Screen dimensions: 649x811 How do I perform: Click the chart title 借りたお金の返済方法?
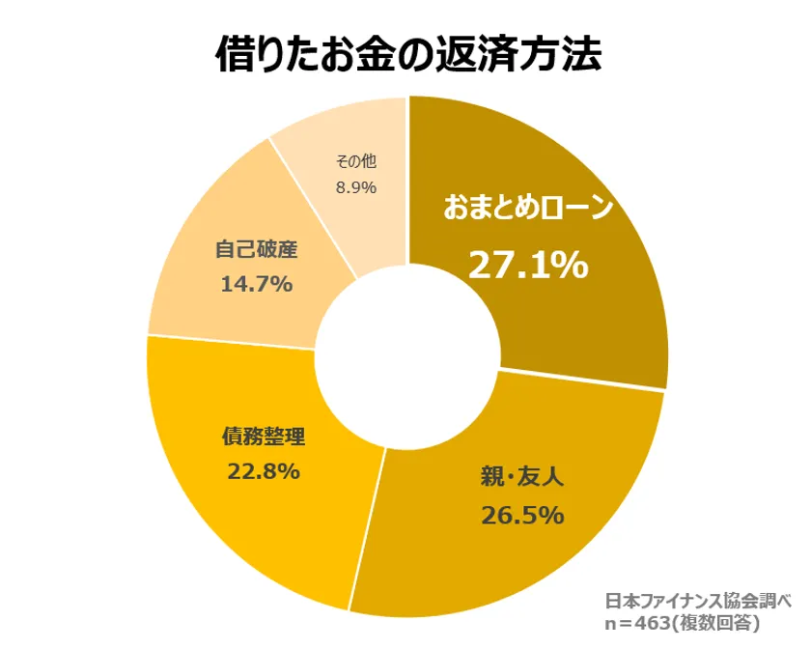[406, 54]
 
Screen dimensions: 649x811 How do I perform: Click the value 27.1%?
[528, 263]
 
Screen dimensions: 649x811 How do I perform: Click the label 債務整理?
[263, 436]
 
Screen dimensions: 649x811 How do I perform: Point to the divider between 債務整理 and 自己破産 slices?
[232, 341]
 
